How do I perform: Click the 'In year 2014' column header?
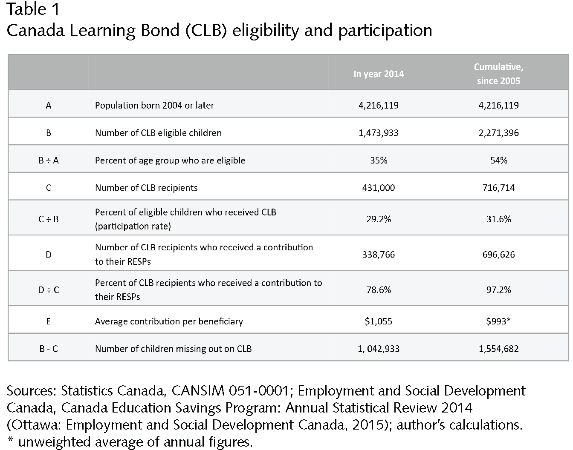[378, 74]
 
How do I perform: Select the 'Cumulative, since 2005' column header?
[498, 74]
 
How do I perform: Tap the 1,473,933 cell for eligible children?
[378, 133]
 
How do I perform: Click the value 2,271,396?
[498, 133]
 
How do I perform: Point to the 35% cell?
[379, 161]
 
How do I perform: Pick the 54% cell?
[499, 161]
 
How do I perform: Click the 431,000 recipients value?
[378, 188]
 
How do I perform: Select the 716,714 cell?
[498, 188]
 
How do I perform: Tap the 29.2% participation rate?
[379, 219]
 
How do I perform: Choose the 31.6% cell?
[498, 219]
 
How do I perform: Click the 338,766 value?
[378, 255]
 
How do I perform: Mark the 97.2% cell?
[498, 289]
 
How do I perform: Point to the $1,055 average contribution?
[378, 321]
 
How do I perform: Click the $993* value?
[498, 321]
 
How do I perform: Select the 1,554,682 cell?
[498, 349]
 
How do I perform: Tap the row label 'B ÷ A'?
[49, 161]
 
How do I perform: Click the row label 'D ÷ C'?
[49, 289]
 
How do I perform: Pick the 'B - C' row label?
[49, 349]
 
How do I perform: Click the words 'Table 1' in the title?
[33, 9]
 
